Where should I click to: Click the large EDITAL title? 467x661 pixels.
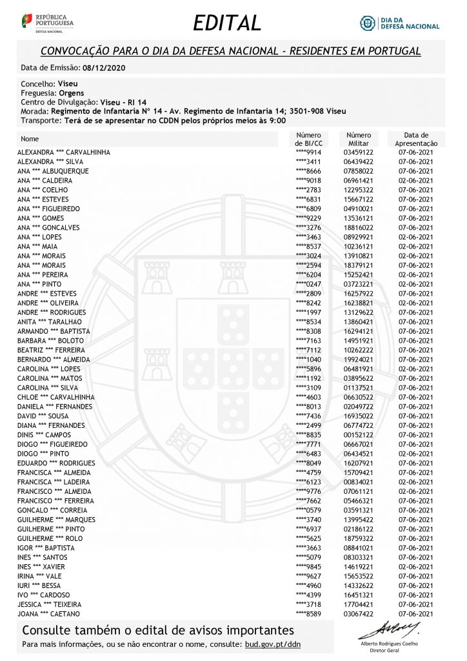point(227,23)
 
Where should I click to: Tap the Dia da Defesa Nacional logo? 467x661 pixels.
point(399,23)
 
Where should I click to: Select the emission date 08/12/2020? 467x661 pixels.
point(104,67)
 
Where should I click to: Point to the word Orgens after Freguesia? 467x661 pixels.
point(72,93)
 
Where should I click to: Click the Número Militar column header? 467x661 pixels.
point(359,139)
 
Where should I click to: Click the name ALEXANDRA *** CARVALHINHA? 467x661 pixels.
point(63,152)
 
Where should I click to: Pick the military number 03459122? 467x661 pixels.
point(359,152)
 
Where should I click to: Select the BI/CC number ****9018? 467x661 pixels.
point(308,181)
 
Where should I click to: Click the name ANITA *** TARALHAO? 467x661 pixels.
point(50,321)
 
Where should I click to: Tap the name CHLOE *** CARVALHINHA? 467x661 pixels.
point(56,397)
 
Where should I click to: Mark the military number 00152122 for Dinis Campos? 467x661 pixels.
point(359,435)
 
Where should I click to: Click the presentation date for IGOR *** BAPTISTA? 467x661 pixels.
point(416,548)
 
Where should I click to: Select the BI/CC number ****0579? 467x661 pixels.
point(308,511)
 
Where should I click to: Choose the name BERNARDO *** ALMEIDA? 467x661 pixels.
point(54,359)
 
